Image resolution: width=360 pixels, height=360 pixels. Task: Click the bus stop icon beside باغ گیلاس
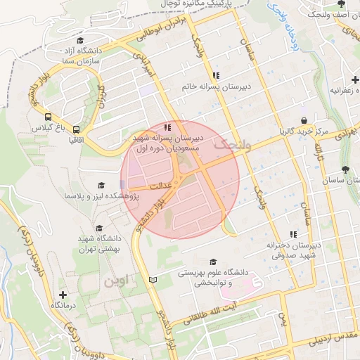(x=48, y=117)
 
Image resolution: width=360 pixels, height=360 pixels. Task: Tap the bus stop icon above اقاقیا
(x=75, y=129)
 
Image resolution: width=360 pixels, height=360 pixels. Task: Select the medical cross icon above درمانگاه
(x=63, y=295)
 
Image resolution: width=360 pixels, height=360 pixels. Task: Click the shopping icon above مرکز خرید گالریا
(x=303, y=120)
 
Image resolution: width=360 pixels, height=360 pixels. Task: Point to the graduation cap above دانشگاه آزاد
(x=80, y=40)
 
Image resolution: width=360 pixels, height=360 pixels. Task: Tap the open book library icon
(x=153, y=280)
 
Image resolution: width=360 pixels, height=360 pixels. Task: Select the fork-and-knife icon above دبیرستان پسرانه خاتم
(x=216, y=75)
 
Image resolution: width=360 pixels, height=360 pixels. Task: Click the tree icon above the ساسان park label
(x=345, y=169)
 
